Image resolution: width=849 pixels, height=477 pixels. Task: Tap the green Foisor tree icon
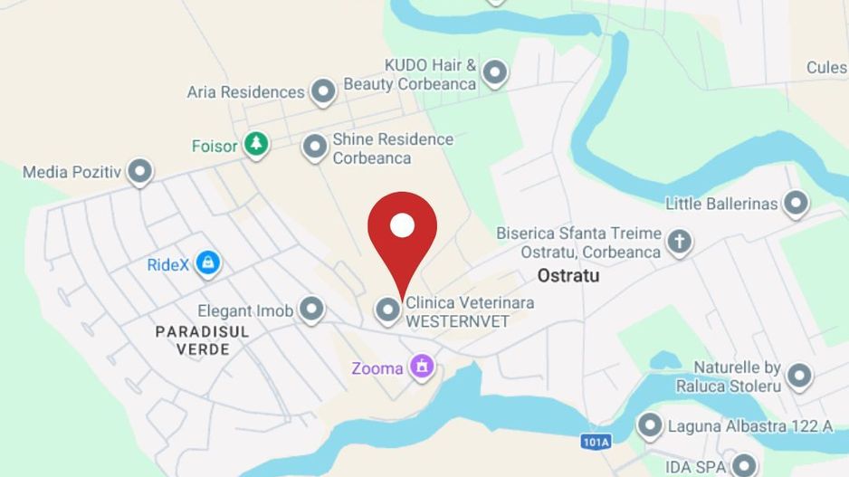click(257, 145)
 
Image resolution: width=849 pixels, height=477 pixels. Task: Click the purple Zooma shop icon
click(421, 367)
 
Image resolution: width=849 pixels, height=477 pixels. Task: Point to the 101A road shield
click(596, 442)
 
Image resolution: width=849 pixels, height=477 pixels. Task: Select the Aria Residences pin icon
click(323, 91)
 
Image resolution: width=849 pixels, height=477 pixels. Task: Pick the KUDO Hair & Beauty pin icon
click(494, 72)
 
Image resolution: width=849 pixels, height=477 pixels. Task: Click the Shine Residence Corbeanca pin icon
click(314, 147)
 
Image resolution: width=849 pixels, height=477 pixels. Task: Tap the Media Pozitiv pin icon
click(139, 171)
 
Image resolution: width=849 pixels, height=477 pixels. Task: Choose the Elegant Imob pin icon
click(311, 310)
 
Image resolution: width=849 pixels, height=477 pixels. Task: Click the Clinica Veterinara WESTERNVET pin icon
click(388, 310)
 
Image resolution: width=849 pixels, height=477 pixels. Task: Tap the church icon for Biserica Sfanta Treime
click(679, 242)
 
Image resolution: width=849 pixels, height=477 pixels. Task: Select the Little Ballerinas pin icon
click(796, 204)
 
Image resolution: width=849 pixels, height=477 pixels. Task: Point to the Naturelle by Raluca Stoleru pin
click(798, 376)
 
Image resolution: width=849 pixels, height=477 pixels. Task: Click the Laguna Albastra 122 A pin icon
click(650, 425)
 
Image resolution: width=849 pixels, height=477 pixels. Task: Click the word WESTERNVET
click(457, 321)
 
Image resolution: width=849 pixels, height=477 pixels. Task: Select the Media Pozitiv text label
click(72, 172)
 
